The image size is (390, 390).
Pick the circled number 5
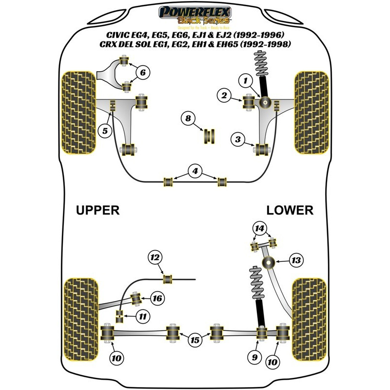[105, 130]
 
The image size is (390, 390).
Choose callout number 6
[142, 74]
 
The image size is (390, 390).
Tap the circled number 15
[195, 340]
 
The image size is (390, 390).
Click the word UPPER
[97, 210]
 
